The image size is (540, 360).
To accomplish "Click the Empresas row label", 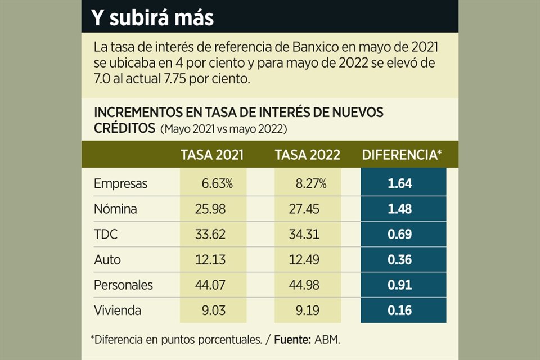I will coord(120,183).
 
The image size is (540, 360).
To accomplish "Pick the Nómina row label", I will coord(115,209).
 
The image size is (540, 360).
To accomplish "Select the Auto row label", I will coord(107,260).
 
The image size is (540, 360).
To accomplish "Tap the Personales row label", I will coord(123,285).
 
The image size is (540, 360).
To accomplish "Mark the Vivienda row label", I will coord(118,310).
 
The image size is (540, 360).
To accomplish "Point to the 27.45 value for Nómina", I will coord(304,209).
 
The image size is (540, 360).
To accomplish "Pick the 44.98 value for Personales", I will coord(304,285).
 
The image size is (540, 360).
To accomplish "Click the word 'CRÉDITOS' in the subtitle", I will coord(124,128).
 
